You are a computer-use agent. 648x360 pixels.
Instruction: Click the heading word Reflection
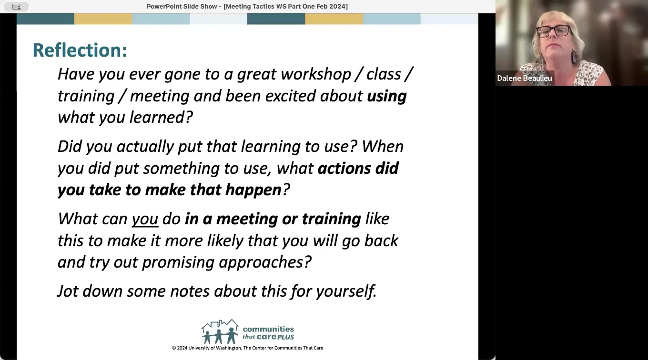coord(79,50)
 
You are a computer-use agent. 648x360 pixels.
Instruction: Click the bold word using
coord(386,96)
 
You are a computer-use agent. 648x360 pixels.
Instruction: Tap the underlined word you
coord(145,219)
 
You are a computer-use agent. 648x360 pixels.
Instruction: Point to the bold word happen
coord(253,190)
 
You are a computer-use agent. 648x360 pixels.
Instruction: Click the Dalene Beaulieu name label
coord(524,78)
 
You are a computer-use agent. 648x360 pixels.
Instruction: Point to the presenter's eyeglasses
coord(553,31)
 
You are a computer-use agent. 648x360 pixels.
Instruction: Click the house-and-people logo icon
coord(220,331)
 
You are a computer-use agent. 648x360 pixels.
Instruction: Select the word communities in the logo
coord(268,329)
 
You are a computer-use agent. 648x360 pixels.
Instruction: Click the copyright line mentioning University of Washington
coord(247,348)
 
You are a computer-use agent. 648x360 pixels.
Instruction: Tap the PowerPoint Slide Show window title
coord(247,6)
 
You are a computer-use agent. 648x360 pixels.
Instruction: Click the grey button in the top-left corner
coord(16,7)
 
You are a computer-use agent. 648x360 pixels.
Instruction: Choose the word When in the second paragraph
coord(382,147)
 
